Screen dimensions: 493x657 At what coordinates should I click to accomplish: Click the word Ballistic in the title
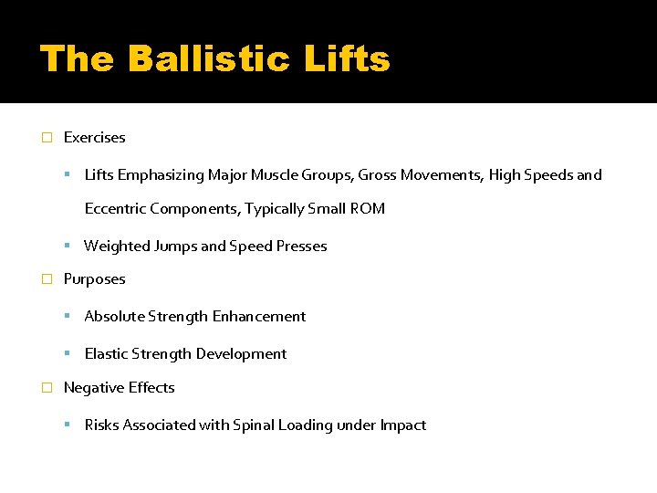pyautogui.click(x=209, y=59)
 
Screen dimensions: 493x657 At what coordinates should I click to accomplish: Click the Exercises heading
pyautogui.click(x=94, y=138)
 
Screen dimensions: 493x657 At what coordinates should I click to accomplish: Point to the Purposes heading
pyautogui.click(x=94, y=279)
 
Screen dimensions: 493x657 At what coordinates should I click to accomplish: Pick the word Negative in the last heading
pyautogui.click(x=91, y=388)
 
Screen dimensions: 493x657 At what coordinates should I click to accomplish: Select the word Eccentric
pyautogui.click(x=116, y=209)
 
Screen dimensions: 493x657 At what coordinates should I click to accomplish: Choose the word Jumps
pyautogui.click(x=175, y=246)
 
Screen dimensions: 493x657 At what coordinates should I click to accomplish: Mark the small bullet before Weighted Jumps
pyautogui.click(x=69, y=246)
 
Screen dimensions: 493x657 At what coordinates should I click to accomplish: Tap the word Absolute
pyautogui.click(x=114, y=317)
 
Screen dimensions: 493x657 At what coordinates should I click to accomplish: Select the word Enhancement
pyautogui.click(x=259, y=317)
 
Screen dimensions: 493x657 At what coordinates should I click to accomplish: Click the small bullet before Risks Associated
pyautogui.click(x=69, y=425)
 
